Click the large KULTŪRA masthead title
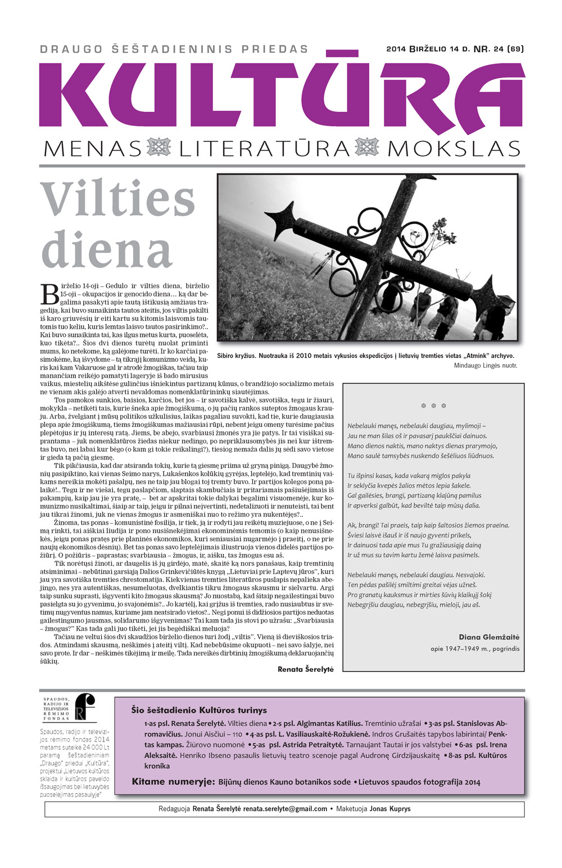pos(281,96)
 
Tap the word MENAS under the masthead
pos(93,149)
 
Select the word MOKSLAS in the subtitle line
pos(454,149)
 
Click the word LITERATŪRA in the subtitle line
pos(265,149)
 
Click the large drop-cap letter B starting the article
pos(49,292)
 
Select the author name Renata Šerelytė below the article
pos(305,669)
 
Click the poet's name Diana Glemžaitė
pos(489,637)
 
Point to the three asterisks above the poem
pos(433,405)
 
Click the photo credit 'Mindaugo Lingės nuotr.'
pos(485,366)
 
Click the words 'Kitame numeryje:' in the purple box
pos(173,781)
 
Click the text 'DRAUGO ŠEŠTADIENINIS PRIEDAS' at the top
pos(174,49)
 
